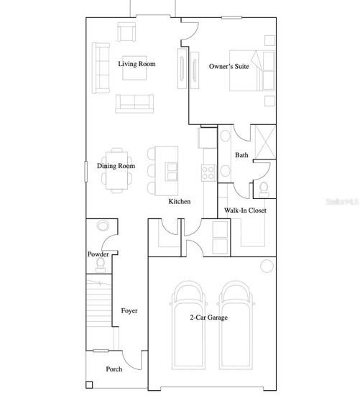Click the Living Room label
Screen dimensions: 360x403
[137, 64]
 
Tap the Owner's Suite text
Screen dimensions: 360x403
[229, 67]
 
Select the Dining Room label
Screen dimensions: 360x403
[116, 166]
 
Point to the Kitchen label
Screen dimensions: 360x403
[180, 201]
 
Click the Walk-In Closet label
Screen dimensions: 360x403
[245, 210]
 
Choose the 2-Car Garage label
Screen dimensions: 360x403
[209, 318]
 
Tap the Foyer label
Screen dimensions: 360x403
[129, 311]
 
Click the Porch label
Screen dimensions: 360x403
[114, 369]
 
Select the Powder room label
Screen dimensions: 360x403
[98, 254]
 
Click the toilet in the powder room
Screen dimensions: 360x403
[101, 265]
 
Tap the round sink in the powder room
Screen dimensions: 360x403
[103, 226]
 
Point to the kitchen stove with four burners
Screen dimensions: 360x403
[208, 173]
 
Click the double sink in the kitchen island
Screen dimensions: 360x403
[171, 172]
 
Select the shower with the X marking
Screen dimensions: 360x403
[265, 142]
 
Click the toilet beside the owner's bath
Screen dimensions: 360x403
[264, 190]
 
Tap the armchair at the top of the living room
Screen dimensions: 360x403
[126, 32]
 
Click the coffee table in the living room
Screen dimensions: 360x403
[134, 68]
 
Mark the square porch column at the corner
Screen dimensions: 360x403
[89, 385]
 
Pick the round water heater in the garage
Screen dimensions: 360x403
[267, 266]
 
